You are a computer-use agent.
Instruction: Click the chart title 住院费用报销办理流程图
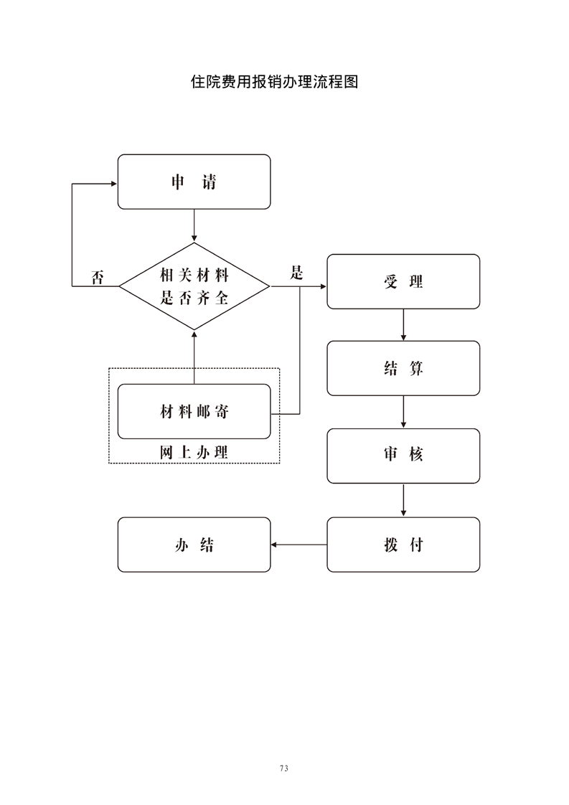tap(274, 82)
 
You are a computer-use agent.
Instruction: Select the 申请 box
tap(194, 182)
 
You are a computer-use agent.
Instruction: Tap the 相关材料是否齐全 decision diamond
tap(194, 286)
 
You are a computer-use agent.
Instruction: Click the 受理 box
tap(403, 281)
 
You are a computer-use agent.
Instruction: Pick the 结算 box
tap(403, 368)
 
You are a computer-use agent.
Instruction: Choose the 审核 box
tap(403, 456)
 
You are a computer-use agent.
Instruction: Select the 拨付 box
tap(403, 545)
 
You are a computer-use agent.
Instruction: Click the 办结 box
tap(194, 545)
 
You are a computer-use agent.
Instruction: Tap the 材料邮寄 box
tap(194, 412)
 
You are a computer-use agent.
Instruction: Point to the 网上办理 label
tap(194, 452)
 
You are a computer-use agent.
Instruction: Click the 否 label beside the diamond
tap(98, 278)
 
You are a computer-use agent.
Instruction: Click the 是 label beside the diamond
tap(296, 273)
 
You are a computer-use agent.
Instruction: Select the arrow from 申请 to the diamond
tap(194, 225)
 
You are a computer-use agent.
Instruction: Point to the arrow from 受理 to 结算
tap(403, 324)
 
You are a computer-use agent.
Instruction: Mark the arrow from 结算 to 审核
tap(403, 412)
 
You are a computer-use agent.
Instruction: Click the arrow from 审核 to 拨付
tap(403, 500)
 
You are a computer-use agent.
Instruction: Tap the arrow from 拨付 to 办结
tap(299, 545)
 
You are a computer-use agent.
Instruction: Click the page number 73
tap(284, 768)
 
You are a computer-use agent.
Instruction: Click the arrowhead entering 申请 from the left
tap(113, 183)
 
